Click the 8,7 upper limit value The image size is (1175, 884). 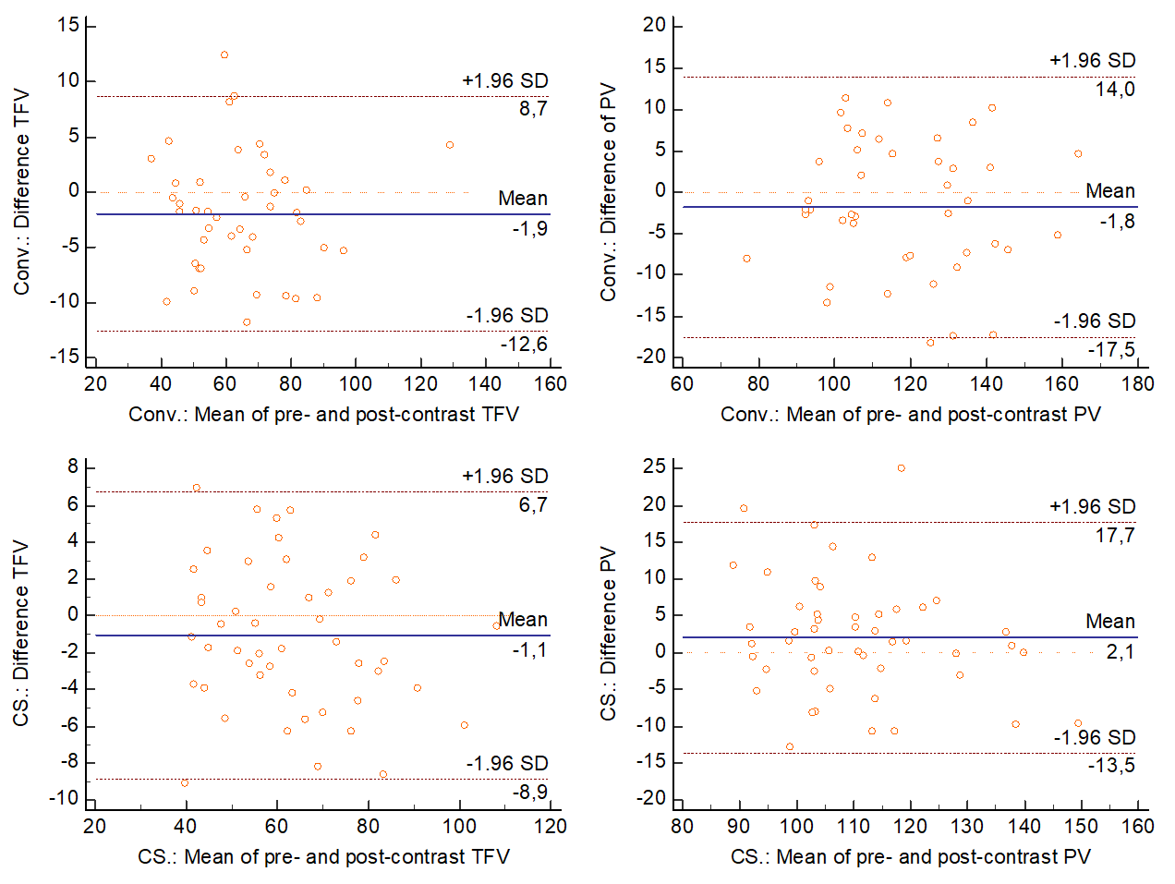533,109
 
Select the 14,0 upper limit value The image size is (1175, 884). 1116,90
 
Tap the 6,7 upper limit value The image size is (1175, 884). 533,504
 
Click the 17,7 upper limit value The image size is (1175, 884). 1115,535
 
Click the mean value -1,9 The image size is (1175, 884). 530,228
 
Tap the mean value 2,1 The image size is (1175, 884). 1120,652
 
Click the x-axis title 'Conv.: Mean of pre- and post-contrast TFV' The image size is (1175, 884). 323,414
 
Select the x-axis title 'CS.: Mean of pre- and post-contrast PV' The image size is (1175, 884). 910,856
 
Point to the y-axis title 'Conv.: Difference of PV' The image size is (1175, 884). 608,193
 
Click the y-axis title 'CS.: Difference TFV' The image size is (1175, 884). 20,633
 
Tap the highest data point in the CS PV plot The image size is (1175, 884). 902,468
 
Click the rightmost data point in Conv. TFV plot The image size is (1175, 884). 450,145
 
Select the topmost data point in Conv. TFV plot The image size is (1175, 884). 224,55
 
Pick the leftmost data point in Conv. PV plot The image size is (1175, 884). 746,259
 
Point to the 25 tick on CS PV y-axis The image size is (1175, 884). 654,467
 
